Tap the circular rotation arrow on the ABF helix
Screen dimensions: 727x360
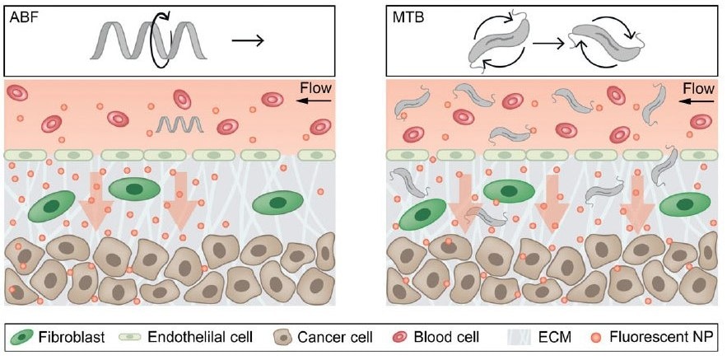pyautogui.click(x=163, y=42)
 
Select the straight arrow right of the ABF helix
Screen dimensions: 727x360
pyautogui.click(x=248, y=41)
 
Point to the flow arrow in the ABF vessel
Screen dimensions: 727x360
pyautogui.click(x=315, y=101)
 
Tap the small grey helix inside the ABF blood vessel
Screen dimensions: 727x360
pyautogui.click(x=179, y=124)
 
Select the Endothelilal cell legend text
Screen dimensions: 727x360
pyautogui.click(x=200, y=336)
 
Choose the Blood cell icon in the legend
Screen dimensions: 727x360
pyautogui.click(x=401, y=336)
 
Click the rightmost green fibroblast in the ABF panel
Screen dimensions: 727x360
pyautogui.click(x=277, y=203)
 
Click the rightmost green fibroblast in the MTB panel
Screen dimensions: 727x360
pyautogui.click(x=684, y=204)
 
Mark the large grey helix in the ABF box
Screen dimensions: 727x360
pyautogui.click(x=148, y=41)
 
